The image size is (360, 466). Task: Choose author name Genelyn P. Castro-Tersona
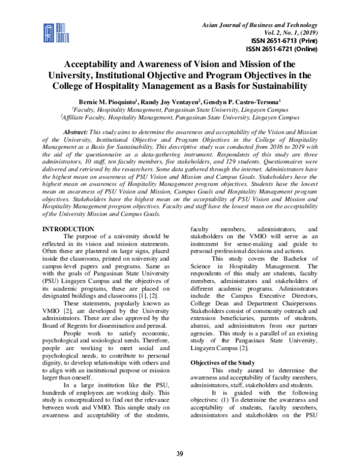click(251, 101)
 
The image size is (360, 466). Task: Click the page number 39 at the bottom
click(180, 452)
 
